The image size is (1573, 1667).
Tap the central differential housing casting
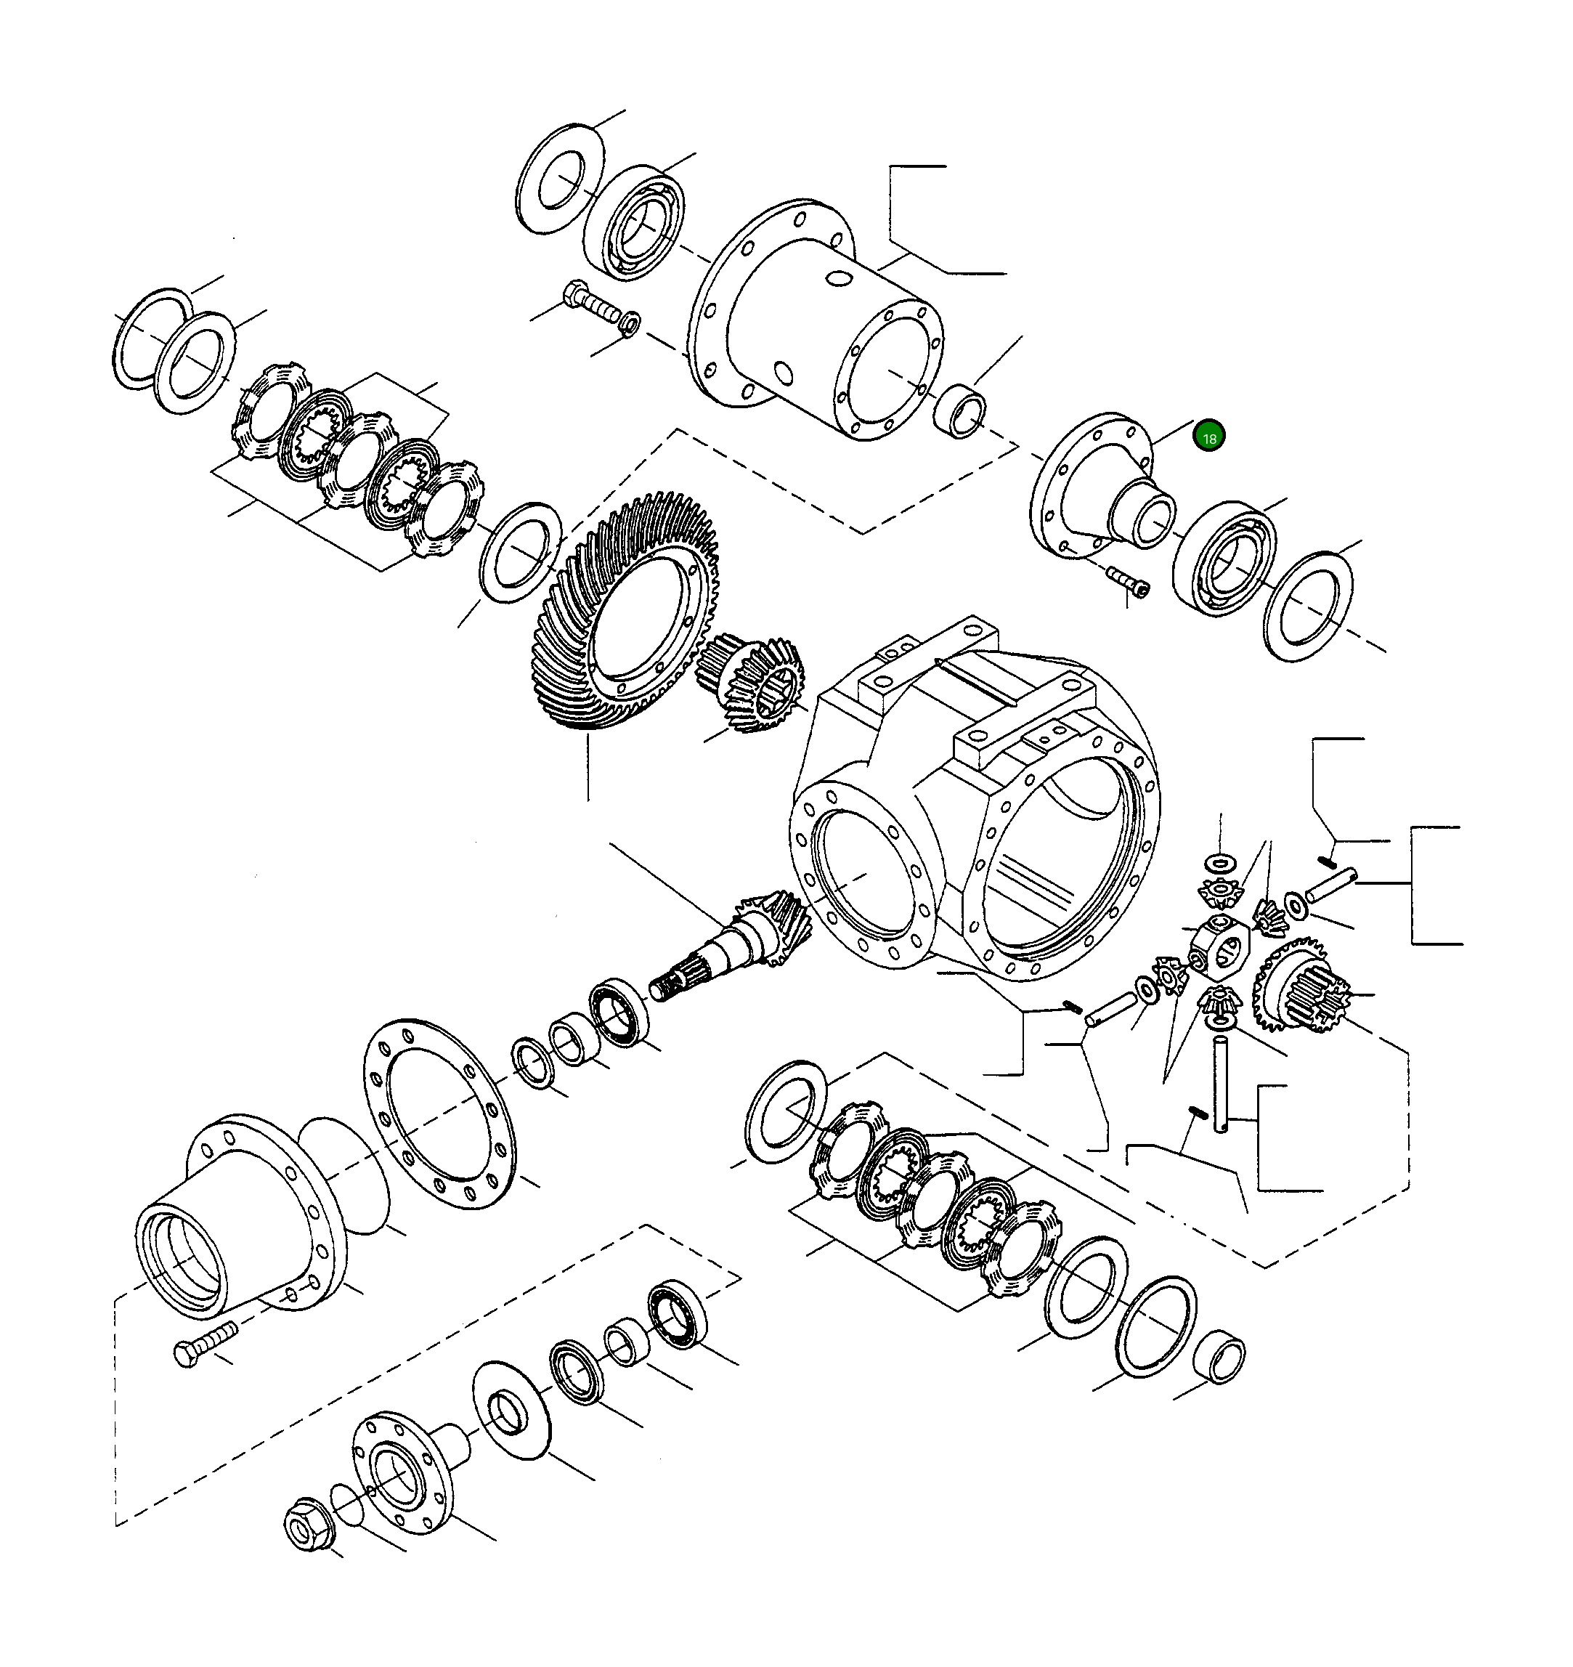pyautogui.click(x=972, y=805)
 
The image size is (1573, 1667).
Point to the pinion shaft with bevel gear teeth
pyautogui.click(x=738, y=939)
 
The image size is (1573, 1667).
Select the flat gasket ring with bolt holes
pyautogui.click(x=439, y=1114)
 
